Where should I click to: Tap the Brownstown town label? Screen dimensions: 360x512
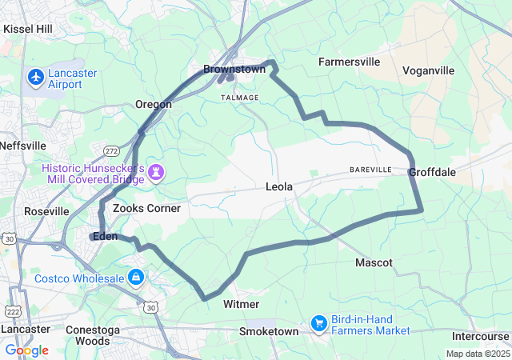(234, 70)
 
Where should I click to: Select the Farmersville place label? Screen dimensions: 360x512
(350, 61)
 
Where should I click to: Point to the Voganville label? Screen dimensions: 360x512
(428, 70)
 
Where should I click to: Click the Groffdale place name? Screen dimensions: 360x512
(432, 172)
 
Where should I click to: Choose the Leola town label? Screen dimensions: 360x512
(279, 186)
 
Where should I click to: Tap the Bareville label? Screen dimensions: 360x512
(370, 170)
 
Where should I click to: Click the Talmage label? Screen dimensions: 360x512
(240, 98)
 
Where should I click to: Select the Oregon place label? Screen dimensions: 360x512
(153, 104)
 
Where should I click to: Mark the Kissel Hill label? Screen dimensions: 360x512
(28, 29)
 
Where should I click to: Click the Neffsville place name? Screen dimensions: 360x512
(23, 146)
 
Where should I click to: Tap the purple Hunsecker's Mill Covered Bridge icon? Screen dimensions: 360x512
(155, 172)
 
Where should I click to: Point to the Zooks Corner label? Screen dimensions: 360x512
(146, 208)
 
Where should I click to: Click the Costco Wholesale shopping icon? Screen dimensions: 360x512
(136, 278)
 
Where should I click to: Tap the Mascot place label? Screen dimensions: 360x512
(374, 262)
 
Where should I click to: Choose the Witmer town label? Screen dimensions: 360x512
(241, 304)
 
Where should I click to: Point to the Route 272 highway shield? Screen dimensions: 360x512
(111, 150)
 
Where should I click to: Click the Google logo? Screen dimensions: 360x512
(26, 350)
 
